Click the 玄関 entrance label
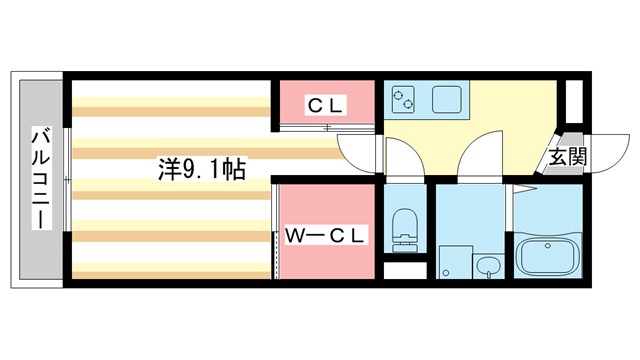pos(566,156)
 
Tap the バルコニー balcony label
pos(40,177)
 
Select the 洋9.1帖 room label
pos(201,169)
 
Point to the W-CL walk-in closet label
pos(326,235)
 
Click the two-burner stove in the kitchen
pos(405,97)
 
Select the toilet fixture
pos(405,229)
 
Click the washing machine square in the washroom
pos(455,262)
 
